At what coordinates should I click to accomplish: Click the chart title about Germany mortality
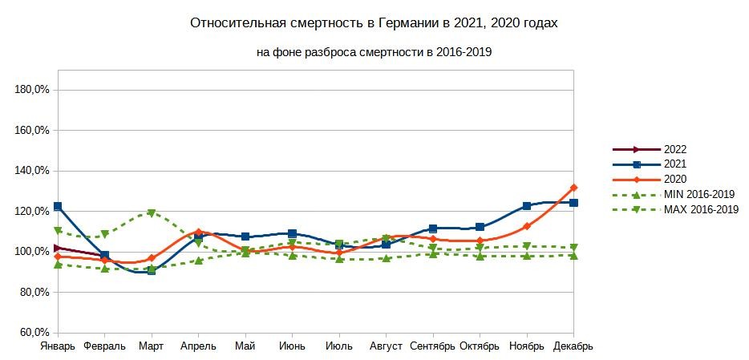373,23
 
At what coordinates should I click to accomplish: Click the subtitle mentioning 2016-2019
373,53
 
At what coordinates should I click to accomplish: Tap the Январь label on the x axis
58,346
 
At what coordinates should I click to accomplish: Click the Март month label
152,346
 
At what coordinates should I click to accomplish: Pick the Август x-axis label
386,346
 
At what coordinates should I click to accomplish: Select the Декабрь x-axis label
573,346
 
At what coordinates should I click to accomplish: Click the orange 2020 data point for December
573,188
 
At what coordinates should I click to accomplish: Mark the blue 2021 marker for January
58,207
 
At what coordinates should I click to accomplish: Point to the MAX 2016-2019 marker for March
152,213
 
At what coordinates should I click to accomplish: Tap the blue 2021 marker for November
527,206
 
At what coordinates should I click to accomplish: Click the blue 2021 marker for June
292,233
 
